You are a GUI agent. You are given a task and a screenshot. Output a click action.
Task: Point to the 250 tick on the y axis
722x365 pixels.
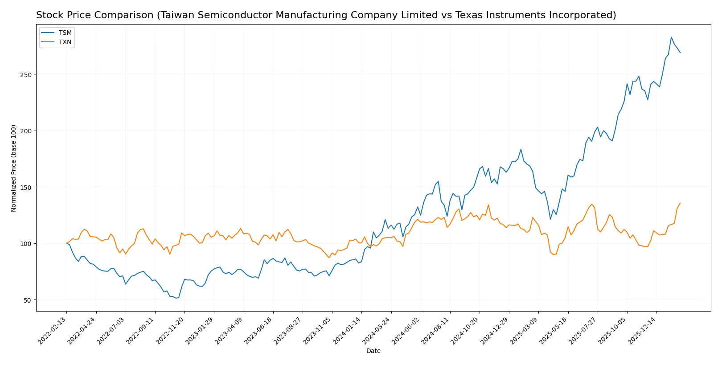coord(26,74)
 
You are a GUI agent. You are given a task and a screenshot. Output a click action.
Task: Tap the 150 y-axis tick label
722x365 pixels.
coord(26,187)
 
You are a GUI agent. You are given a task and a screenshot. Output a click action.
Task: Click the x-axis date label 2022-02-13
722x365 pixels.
coord(53,330)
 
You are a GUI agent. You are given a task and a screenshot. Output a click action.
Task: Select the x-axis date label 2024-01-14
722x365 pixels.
coord(348,330)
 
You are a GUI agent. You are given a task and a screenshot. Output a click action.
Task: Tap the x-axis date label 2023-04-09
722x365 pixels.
coord(230,330)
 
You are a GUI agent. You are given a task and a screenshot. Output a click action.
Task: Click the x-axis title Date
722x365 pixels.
coord(373,351)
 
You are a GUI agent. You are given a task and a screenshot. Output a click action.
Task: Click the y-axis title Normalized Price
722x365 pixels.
coord(14,168)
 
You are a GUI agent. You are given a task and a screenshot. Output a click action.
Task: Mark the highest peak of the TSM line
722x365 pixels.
coord(671,37)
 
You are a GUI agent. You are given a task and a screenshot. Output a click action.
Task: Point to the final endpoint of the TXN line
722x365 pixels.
coord(680,203)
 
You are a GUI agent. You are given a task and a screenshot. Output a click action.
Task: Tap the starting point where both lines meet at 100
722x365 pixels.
coord(66,243)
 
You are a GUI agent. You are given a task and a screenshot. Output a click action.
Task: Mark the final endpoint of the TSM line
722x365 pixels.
coord(680,53)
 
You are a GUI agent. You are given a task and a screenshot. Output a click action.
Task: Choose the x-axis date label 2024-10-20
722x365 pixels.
coord(466,330)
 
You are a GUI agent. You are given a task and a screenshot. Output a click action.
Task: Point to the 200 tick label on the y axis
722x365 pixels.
coord(26,131)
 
